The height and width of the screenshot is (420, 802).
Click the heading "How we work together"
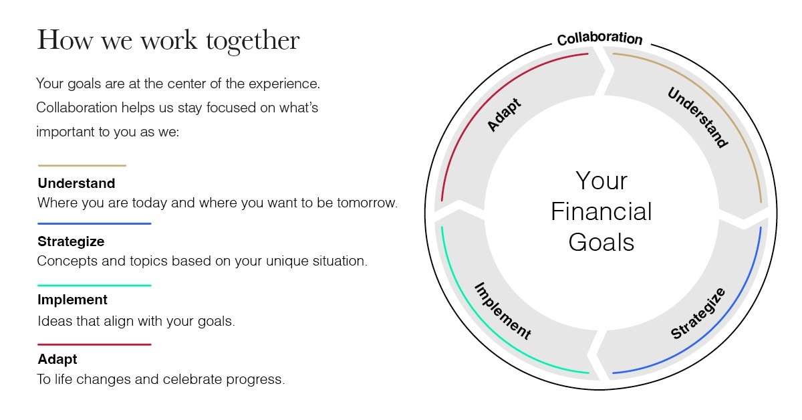point(168,41)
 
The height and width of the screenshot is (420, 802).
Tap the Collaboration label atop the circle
point(599,38)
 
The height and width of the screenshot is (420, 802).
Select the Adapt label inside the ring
point(504,114)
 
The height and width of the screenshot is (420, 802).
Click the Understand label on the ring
point(698,118)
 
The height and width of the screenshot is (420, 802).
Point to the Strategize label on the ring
point(698,313)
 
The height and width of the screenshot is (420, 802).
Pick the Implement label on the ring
point(503,311)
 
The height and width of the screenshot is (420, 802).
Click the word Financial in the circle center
point(601,212)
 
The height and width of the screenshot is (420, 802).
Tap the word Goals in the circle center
point(601,243)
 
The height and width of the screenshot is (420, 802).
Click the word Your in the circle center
point(601,181)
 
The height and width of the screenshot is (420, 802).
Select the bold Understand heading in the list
point(76,183)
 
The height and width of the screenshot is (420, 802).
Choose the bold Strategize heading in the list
point(71,241)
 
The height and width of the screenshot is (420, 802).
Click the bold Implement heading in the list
point(72,300)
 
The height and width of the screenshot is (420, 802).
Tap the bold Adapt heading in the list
point(57,359)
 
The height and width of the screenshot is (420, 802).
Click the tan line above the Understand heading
point(82,166)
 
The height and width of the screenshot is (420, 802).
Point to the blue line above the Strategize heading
point(94,223)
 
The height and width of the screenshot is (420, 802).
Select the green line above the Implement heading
point(94,286)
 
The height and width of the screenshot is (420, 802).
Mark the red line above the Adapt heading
point(94,344)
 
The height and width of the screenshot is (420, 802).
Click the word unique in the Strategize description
point(287,261)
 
